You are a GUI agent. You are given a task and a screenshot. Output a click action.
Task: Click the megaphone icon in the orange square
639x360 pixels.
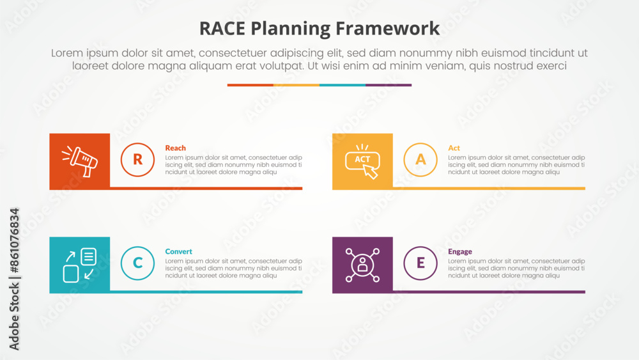(79, 161)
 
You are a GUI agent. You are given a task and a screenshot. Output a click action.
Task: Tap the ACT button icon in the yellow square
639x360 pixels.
(362, 161)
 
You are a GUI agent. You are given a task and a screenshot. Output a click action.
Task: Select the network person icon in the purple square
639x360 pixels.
(362, 265)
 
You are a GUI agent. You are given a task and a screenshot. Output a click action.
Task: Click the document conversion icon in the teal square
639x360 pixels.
(79, 265)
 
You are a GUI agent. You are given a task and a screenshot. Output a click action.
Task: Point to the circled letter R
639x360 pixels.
(137, 159)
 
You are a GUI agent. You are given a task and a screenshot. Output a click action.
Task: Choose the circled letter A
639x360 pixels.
(420, 159)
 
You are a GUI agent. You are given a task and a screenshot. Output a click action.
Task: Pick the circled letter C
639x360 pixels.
(137, 263)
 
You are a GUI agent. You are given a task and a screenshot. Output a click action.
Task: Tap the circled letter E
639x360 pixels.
(420, 263)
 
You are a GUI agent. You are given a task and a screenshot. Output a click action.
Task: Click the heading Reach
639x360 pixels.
(175, 148)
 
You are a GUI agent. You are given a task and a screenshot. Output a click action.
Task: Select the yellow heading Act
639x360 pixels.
(454, 148)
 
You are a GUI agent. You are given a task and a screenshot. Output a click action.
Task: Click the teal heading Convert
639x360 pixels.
(178, 251)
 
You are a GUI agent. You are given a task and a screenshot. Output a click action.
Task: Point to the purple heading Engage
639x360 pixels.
(459, 252)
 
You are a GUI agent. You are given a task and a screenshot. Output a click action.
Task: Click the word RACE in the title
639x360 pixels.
(222, 29)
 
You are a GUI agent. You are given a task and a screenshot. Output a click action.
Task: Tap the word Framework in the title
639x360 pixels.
(387, 29)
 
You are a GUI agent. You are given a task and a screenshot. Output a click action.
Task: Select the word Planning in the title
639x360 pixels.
(290, 29)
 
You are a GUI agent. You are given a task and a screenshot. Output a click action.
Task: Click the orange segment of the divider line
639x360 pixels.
(250, 85)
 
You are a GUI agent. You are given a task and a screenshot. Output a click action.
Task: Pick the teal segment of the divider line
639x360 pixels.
(343, 85)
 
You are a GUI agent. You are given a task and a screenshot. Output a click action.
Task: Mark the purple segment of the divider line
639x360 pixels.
(389, 85)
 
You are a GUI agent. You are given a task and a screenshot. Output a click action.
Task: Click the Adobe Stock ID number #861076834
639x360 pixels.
(14, 240)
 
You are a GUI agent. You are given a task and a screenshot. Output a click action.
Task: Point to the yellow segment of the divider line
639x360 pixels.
(296, 85)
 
